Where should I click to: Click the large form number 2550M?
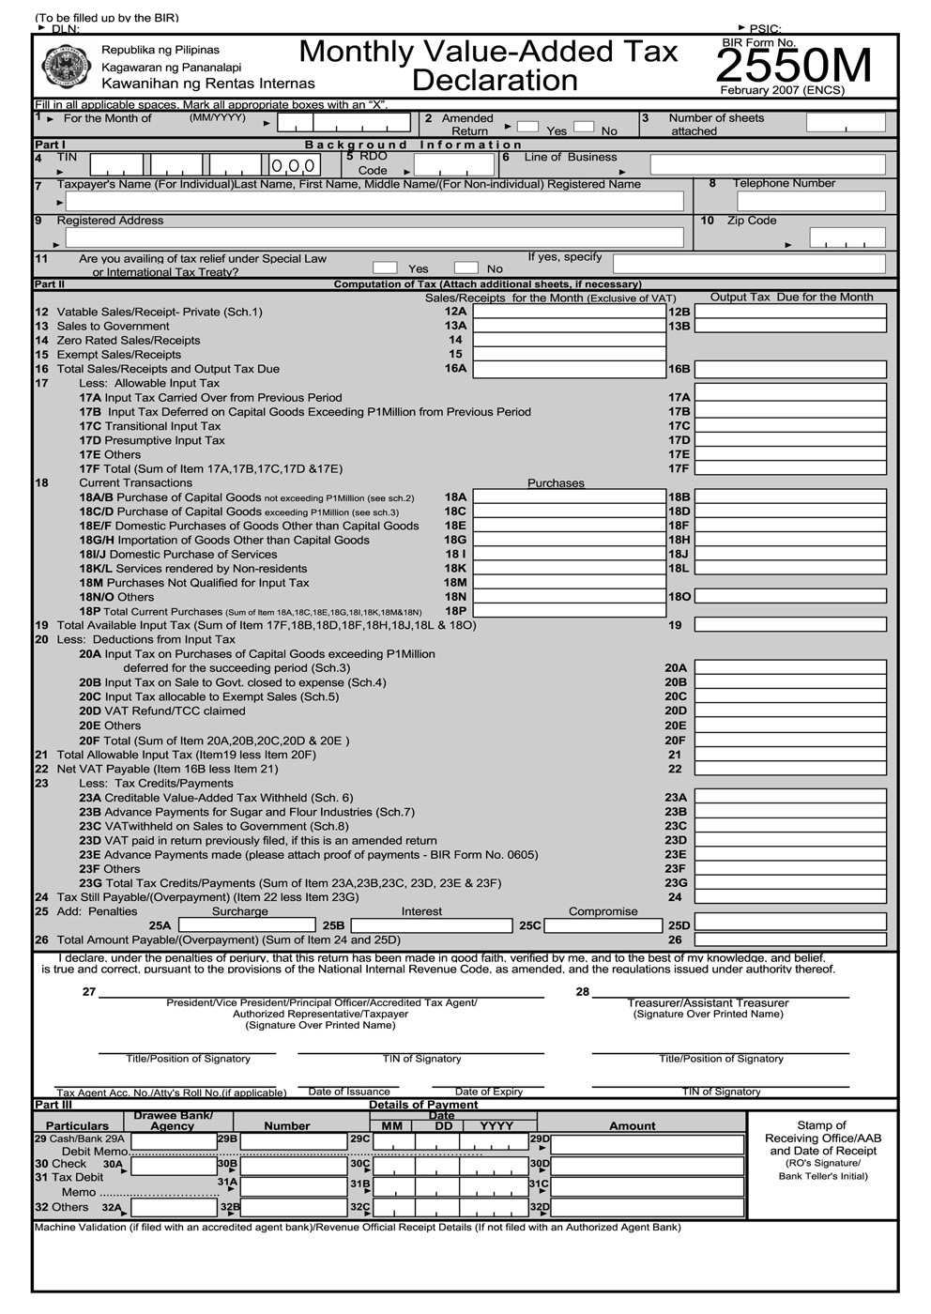pos(794,66)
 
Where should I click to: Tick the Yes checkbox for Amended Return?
pos(527,126)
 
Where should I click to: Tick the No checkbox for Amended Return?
pos(584,126)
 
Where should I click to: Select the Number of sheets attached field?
pos(846,123)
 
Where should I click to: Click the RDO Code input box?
pos(454,165)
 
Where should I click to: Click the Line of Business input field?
pos(767,165)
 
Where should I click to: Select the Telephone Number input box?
pos(811,201)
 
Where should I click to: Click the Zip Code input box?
pos(847,237)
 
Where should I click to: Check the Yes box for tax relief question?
pos(385,267)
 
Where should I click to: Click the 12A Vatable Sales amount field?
pos(569,312)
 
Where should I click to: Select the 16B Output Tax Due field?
pos(790,369)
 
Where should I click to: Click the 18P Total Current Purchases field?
pos(569,611)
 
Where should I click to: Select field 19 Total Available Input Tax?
pos(790,625)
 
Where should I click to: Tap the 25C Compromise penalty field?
pos(603,925)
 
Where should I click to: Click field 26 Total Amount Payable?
pos(790,940)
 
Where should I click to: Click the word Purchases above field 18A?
pos(556,483)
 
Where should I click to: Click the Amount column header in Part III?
pos(633,1126)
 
